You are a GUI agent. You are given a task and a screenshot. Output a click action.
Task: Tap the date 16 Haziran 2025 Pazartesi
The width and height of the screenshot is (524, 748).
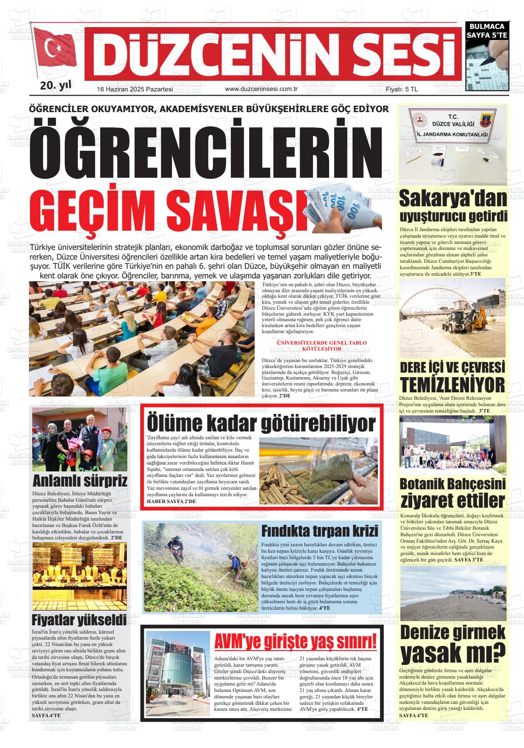(x=135, y=89)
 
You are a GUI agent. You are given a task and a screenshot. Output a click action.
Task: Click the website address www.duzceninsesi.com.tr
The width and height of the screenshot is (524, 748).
(x=262, y=89)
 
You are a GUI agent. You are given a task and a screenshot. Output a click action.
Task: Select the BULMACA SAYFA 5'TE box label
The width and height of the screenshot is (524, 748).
(x=487, y=31)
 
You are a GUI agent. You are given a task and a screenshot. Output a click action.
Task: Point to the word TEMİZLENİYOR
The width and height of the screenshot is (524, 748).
(x=453, y=385)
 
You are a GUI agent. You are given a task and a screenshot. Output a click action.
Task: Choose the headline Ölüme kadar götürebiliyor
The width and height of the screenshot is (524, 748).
(x=261, y=423)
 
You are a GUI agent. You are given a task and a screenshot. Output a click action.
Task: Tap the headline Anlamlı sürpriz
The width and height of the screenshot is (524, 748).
(x=80, y=481)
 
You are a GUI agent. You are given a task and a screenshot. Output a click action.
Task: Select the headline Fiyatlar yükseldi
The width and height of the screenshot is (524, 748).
(x=79, y=620)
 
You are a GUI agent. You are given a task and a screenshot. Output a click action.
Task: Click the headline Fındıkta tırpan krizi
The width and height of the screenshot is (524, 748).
(x=320, y=531)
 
